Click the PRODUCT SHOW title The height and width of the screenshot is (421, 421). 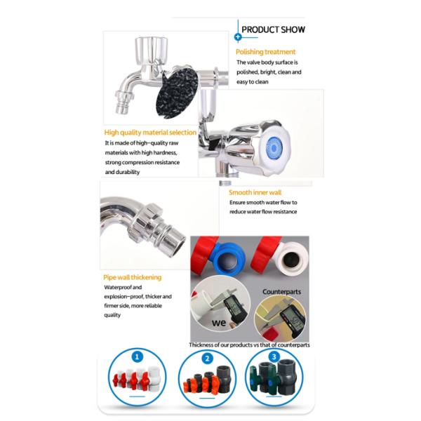(273, 29)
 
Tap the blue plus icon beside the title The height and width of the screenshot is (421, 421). (238, 37)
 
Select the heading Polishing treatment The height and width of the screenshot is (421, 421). (265, 52)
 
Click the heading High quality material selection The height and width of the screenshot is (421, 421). (150, 133)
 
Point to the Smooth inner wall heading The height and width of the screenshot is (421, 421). (255, 192)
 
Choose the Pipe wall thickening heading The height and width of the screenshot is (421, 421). (133, 277)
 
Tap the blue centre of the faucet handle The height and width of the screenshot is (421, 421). (274, 148)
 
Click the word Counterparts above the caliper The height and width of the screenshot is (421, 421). (281, 292)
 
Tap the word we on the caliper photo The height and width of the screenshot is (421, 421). (218, 323)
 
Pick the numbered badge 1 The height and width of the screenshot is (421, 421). (138, 357)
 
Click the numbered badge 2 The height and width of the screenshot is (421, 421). (207, 359)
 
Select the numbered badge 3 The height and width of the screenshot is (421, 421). (274, 357)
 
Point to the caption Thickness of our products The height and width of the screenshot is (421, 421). (249, 345)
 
